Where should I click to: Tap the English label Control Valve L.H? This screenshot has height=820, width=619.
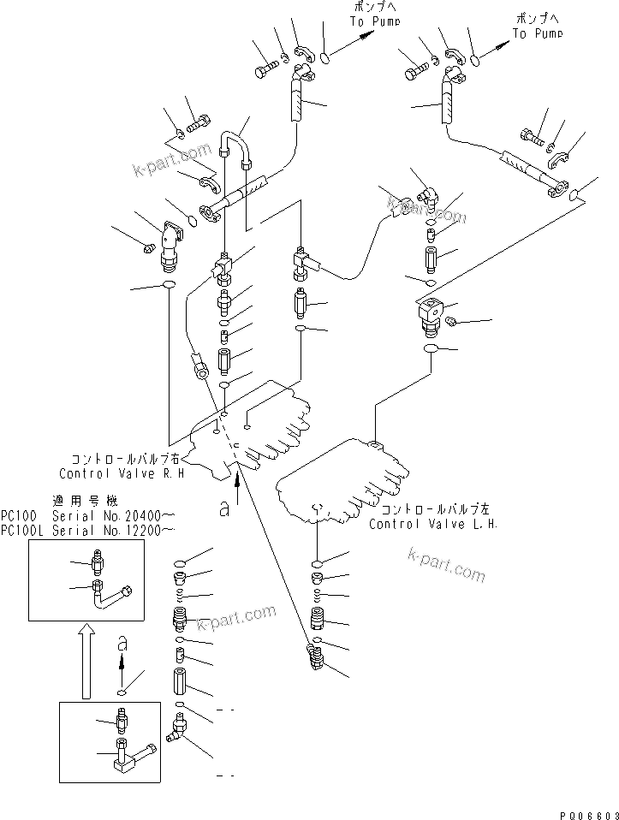click(433, 524)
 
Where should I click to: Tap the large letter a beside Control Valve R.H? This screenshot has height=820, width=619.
click(223, 508)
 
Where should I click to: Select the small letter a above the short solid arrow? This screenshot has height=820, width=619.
click(122, 641)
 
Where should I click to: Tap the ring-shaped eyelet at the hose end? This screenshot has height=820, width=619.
click(199, 370)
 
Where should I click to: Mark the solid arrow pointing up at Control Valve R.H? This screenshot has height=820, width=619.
click(237, 481)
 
